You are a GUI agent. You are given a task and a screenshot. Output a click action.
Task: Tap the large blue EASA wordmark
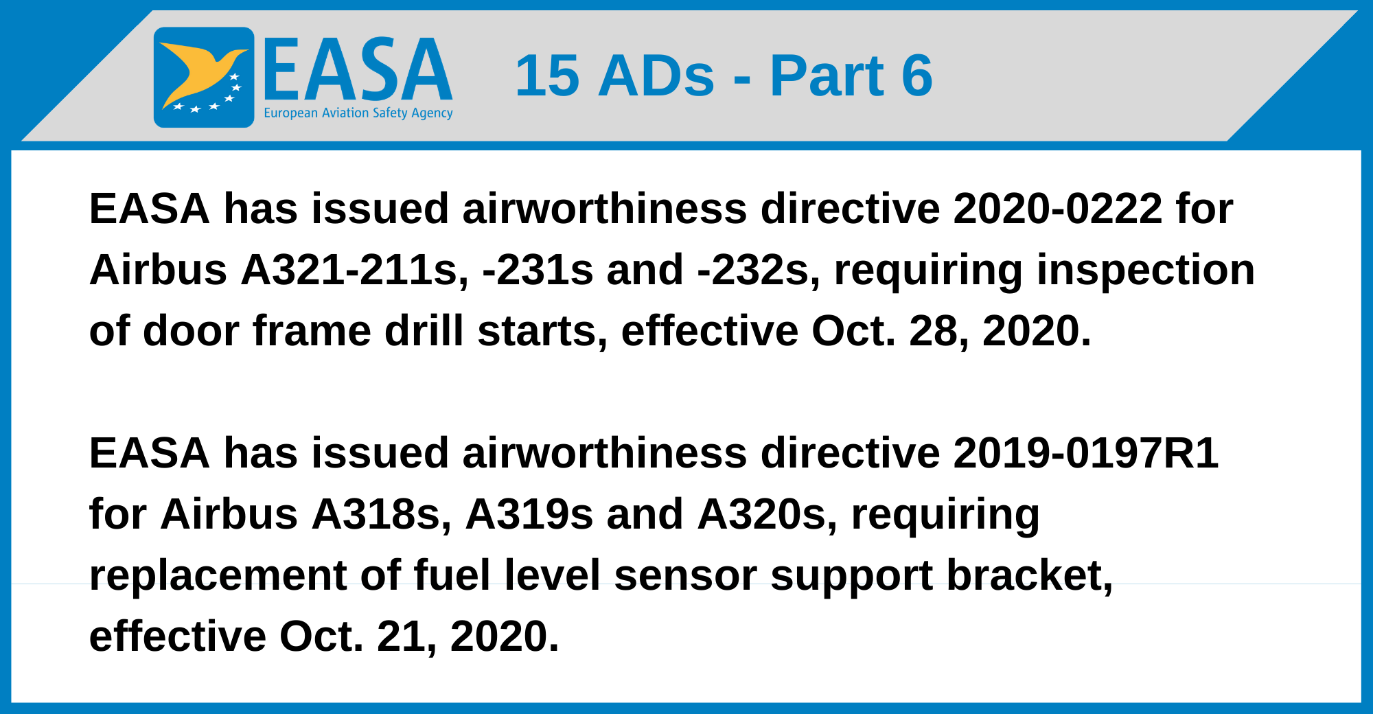pyautogui.click(x=358, y=69)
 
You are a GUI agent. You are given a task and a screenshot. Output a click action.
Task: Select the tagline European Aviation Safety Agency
pyautogui.click(x=358, y=113)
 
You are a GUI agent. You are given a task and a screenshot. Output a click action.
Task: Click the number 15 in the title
pyautogui.click(x=548, y=76)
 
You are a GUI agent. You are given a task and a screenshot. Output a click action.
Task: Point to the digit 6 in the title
pyautogui.click(x=916, y=76)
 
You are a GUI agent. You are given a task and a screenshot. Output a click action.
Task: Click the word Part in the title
pyautogui.click(x=827, y=76)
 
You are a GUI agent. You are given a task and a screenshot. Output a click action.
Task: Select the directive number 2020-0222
pyautogui.click(x=1058, y=209)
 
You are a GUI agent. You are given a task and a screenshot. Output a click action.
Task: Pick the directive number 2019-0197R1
pyautogui.click(x=1086, y=453)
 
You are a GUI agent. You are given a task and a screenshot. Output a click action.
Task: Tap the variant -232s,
pyautogui.click(x=759, y=270)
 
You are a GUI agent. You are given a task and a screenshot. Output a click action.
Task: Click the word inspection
pyautogui.click(x=1146, y=270)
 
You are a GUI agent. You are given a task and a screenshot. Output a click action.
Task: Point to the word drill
pyautogui.click(x=424, y=331)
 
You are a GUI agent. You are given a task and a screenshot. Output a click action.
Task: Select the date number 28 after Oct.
pyautogui.click(x=937, y=331)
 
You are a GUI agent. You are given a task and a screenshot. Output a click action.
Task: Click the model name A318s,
pyautogui.click(x=382, y=514)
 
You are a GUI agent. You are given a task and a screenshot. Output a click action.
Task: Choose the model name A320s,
pyautogui.click(x=768, y=514)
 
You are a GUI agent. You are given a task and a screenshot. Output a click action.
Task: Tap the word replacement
pyautogui.click(x=218, y=575)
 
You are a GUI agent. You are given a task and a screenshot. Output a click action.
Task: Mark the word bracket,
pyautogui.click(x=1030, y=575)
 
